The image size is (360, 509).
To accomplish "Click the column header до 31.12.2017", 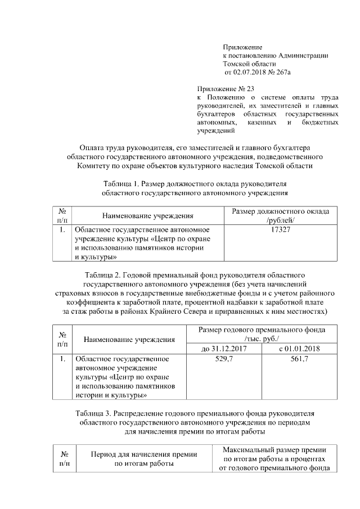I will click(224, 349).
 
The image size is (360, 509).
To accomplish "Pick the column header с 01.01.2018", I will click(299, 349).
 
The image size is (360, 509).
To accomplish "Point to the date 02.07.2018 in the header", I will click(249, 73).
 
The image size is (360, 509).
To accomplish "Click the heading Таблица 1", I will click(121, 184).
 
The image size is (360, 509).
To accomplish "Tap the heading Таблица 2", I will click(104, 274).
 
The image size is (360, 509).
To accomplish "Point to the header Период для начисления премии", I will click(141, 454).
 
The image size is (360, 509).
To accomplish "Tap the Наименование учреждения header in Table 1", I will click(148, 215).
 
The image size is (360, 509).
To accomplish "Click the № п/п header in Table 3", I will click(65, 458).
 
